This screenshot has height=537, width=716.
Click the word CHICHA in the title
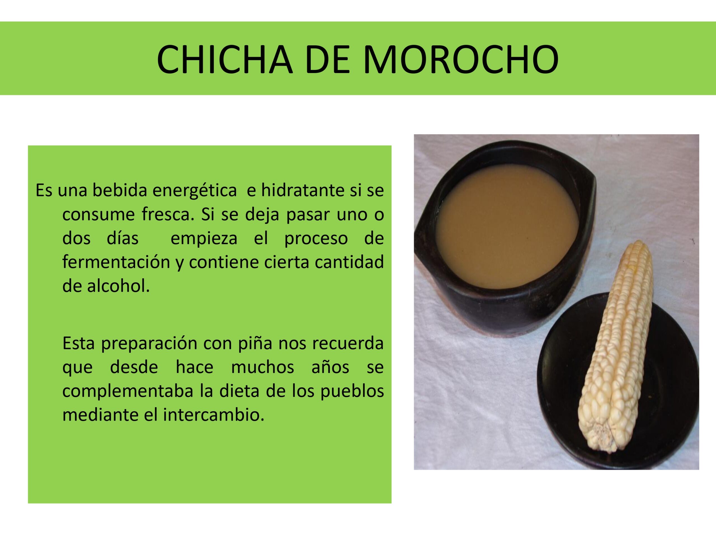point(225,60)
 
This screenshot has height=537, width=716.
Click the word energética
point(195,191)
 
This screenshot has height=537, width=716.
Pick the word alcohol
point(119,286)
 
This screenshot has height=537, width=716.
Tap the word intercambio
point(214,415)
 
